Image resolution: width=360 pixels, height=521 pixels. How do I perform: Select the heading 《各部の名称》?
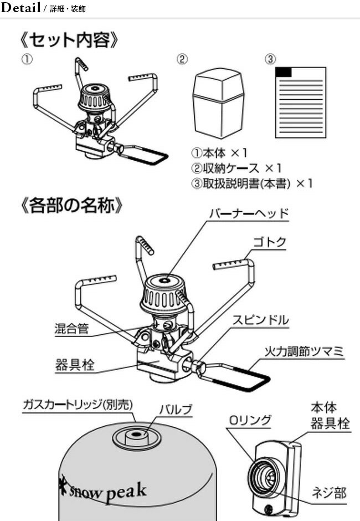point(69,207)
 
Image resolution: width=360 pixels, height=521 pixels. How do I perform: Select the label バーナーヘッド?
point(249,214)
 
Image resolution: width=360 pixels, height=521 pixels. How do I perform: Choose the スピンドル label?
point(260,320)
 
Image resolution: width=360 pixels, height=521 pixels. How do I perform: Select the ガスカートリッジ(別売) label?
point(78,403)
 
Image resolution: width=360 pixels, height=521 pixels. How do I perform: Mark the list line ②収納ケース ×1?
point(236,167)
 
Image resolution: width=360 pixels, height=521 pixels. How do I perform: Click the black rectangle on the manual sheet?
point(283,72)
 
